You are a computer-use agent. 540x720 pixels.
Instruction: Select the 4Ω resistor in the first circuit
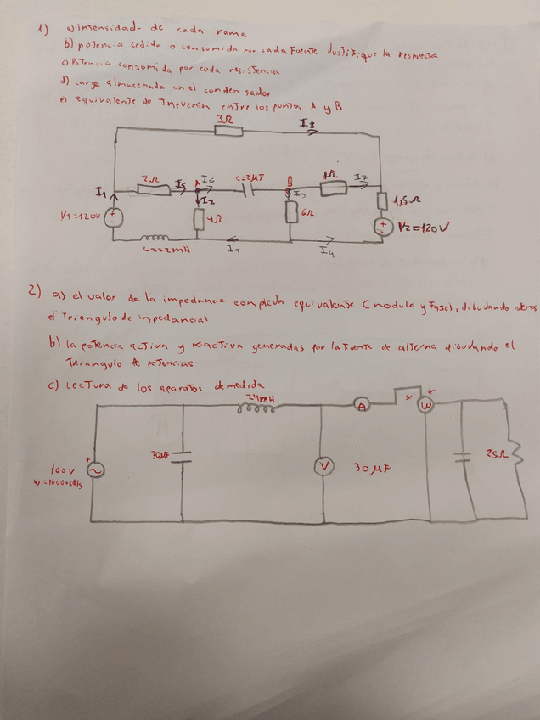(198, 220)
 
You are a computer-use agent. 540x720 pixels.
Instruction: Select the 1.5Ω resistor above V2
(382, 201)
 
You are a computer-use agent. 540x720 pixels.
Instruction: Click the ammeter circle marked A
(363, 407)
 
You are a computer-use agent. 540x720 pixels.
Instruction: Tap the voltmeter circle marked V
(322, 465)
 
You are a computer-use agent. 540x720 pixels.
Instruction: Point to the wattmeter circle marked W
(427, 407)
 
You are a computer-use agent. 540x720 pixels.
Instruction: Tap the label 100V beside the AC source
(62, 470)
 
